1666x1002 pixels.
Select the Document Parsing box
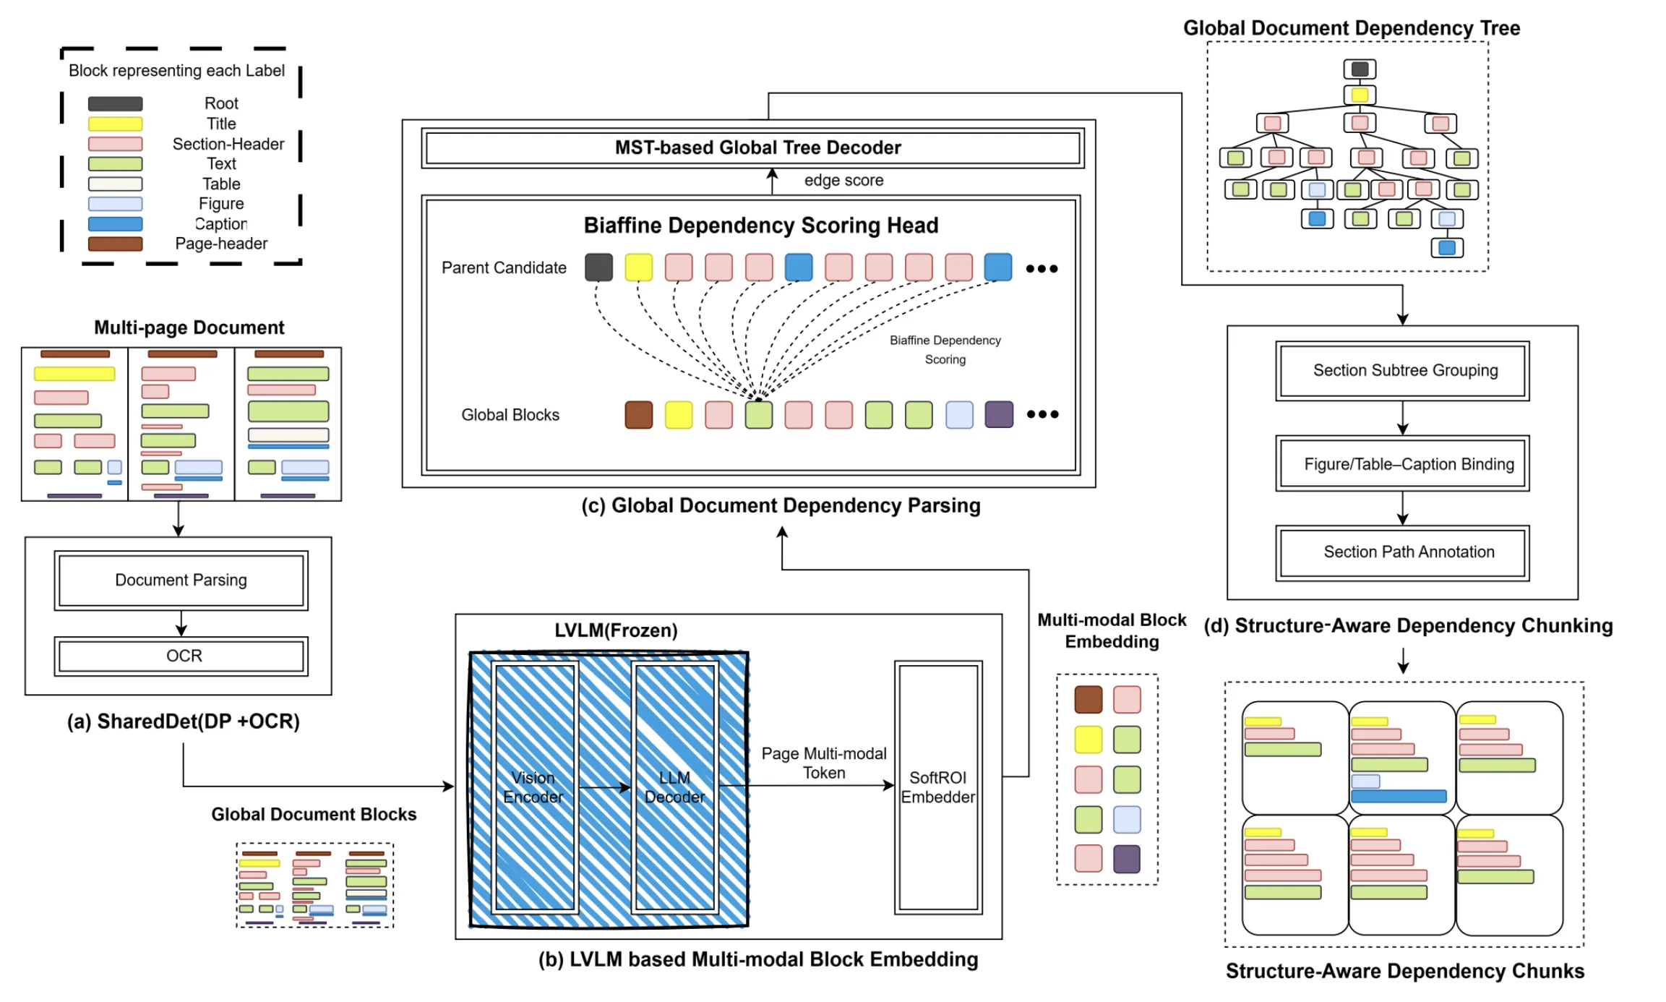tap(181, 580)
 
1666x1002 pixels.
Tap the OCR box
tap(181, 656)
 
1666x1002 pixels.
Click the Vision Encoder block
tap(534, 787)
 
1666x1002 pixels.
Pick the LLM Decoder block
tap(675, 787)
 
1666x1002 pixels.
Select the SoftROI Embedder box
tap(938, 787)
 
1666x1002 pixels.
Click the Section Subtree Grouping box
tap(1402, 371)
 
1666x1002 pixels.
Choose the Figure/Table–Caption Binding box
tap(1402, 463)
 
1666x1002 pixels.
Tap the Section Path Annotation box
tap(1402, 552)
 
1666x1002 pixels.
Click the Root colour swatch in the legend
tap(115, 104)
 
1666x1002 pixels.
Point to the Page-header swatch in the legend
tap(115, 244)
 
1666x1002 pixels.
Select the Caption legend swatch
tap(115, 224)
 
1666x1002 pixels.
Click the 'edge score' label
tap(843, 180)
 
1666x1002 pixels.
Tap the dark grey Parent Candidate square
tap(598, 267)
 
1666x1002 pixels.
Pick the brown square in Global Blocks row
tap(638, 415)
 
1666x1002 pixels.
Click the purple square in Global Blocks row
tap(999, 414)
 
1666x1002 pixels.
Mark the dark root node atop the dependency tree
tap(1360, 69)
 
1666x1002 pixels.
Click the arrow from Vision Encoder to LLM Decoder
tap(605, 787)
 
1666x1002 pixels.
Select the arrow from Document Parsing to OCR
tap(181, 623)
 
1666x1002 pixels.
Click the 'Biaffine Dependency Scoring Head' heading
tap(760, 226)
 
